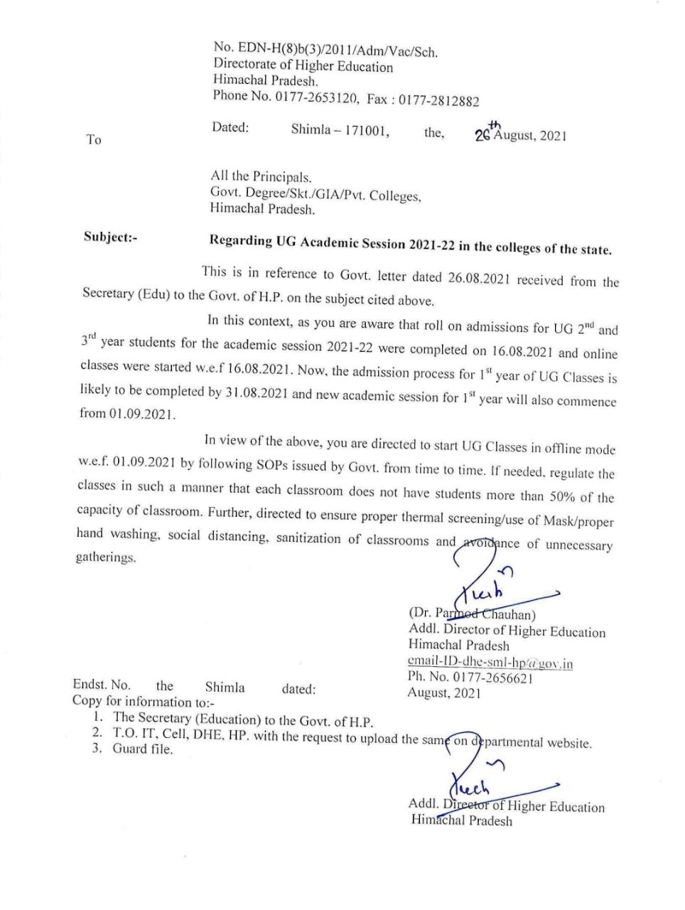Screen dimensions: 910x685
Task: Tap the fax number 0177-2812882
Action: (438, 101)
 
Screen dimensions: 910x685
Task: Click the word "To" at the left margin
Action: (94, 139)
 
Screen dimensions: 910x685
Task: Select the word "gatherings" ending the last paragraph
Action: (105, 557)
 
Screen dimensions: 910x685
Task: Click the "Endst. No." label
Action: (102, 685)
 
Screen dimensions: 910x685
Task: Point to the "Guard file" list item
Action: (142, 749)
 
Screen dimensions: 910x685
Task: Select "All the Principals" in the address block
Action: (261, 176)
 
